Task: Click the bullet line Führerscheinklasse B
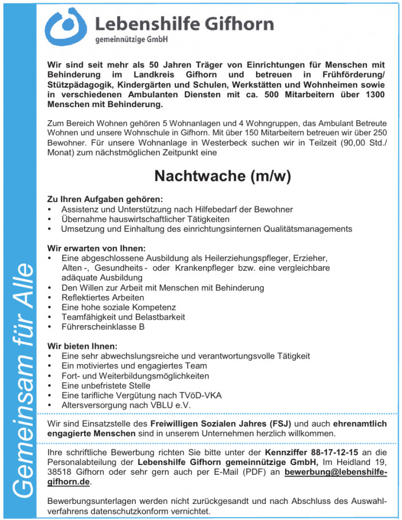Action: pyautogui.click(x=103, y=327)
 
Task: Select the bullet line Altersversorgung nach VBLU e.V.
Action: pyautogui.click(x=126, y=405)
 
